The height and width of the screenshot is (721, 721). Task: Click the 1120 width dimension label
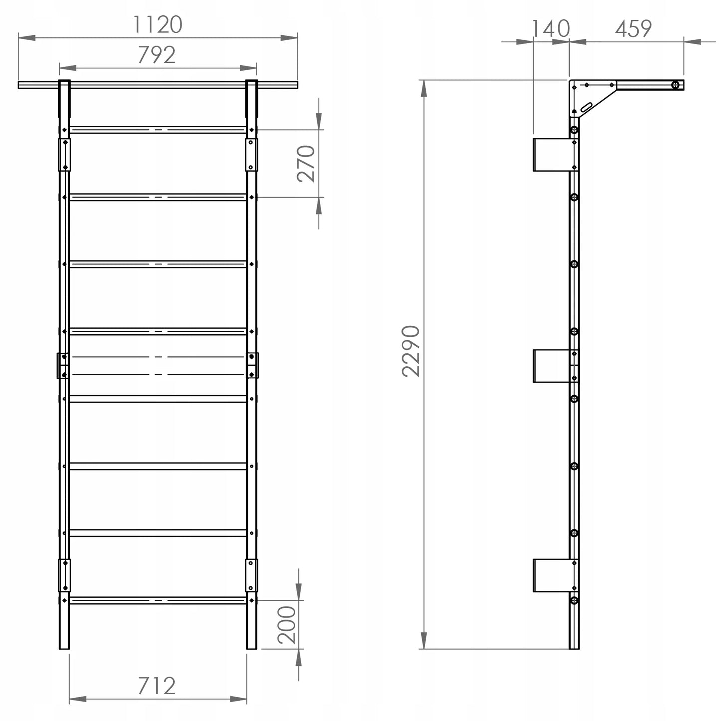tap(158, 24)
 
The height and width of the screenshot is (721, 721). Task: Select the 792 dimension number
tap(157, 55)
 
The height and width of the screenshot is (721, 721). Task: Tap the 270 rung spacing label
tap(306, 164)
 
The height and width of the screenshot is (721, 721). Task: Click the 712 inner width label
tap(157, 686)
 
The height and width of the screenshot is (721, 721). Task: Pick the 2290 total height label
tap(411, 351)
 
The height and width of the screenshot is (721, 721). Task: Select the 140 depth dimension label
tap(551, 29)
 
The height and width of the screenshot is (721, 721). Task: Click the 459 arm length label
tap(633, 29)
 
